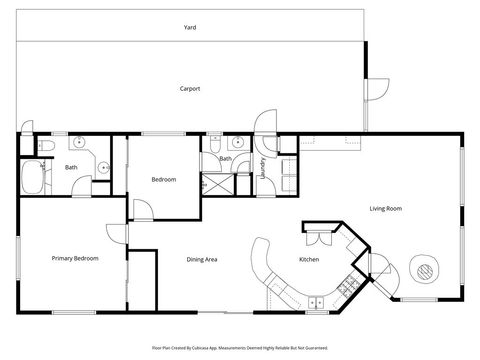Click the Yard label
190,28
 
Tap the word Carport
190,89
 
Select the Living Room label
385,208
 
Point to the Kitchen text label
309,260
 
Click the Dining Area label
202,260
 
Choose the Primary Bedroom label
75,258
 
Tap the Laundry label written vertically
262,166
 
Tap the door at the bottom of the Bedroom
144,210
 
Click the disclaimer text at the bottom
240,347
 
